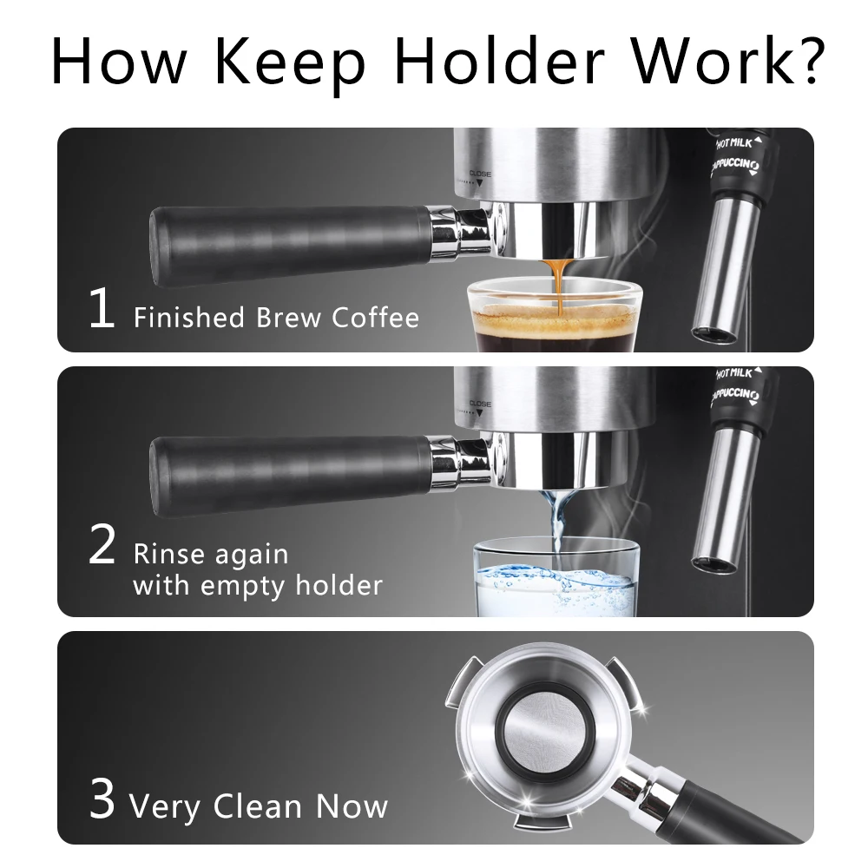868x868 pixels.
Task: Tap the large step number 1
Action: [x=102, y=310]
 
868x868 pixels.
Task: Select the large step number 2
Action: [x=102, y=546]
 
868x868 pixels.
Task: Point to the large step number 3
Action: [x=102, y=800]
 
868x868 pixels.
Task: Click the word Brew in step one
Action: [x=287, y=318]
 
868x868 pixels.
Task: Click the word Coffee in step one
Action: [x=375, y=318]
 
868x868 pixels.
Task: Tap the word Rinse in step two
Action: [x=168, y=555]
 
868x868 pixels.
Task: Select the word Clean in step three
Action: [x=259, y=806]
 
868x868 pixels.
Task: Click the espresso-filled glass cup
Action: [x=547, y=317]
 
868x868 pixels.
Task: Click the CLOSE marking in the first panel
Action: [x=480, y=174]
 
